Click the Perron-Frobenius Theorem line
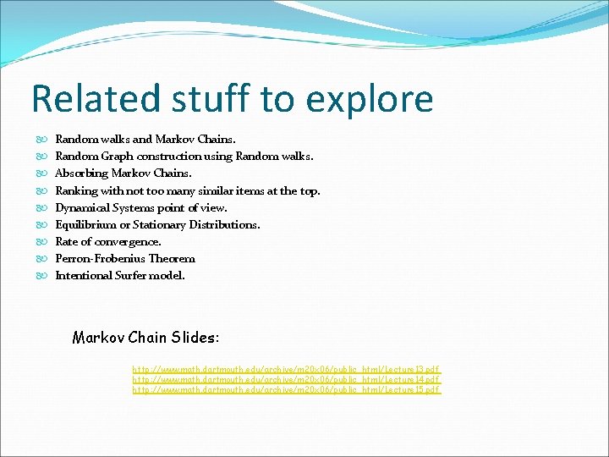[125, 258]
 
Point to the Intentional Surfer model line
[119, 275]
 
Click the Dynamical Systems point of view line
[141, 207]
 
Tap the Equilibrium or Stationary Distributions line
[157, 224]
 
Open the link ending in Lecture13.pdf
[286, 370]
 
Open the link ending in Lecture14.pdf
[286, 380]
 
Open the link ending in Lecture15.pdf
[286, 389]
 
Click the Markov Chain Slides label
[145, 338]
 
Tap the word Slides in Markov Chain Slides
[195, 338]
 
